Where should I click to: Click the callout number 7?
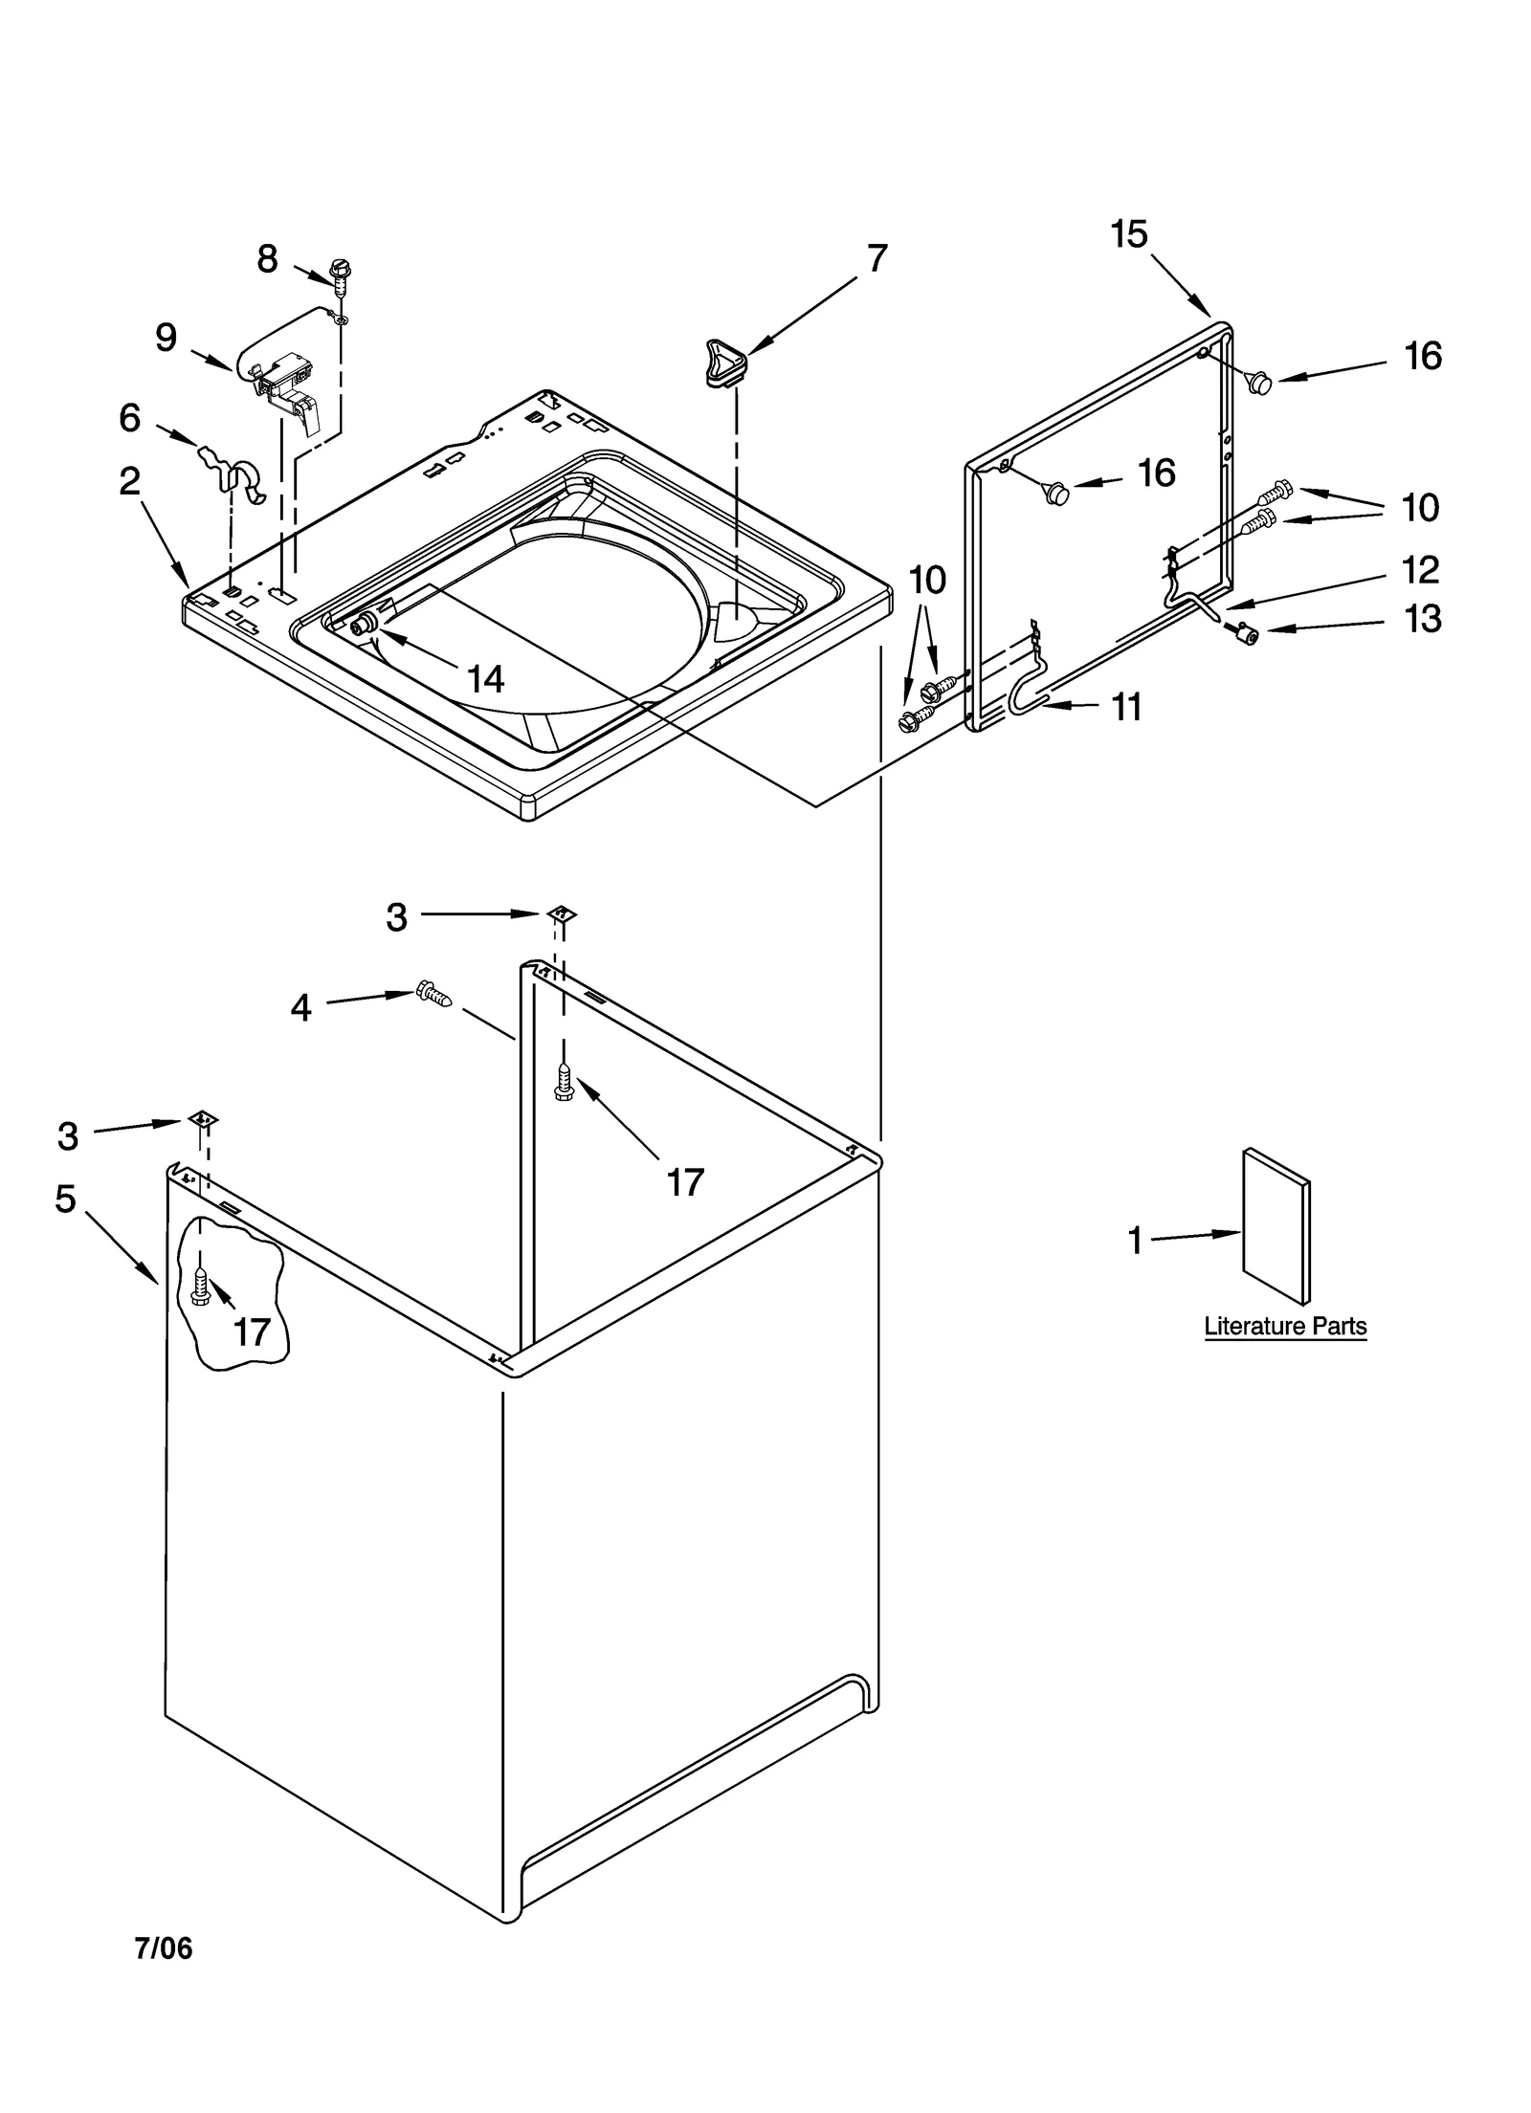click(x=876, y=258)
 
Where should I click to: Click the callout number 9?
click(x=166, y=338)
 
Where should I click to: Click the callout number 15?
click(x=1129, y=234)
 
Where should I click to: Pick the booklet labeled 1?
click(x=1275, y=1224)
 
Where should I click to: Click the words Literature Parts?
click(x=1284, y=1327)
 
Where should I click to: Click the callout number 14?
click(x=485, y=679)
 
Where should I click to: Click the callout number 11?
click(x=1126, y=708)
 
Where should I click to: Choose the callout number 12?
click(x=1420, y=570)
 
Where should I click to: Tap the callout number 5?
click(x=65, y=1199)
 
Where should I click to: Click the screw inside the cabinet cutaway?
click(x=200, y=1287)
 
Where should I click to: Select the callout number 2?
click(x=130, y=481)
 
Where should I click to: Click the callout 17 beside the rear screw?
click(x=685, y=1182)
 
